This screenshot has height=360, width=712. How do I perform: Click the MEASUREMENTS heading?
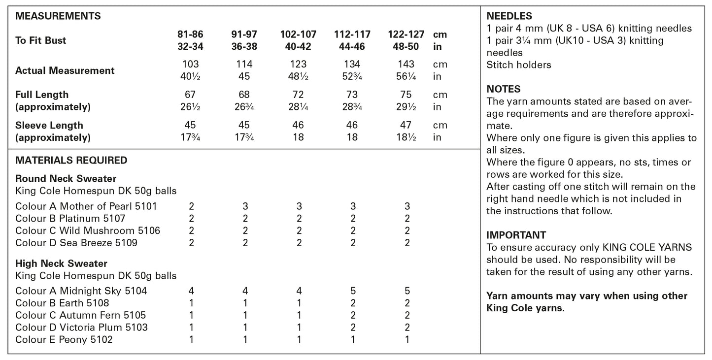[x=58, y=16]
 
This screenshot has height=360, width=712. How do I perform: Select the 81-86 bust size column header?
[x=190, y=34]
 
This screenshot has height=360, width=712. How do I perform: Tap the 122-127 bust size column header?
[x=407, y=34]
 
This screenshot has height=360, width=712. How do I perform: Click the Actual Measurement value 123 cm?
[x=298, y=64]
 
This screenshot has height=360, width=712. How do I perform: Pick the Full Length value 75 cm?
[x=407, y=95]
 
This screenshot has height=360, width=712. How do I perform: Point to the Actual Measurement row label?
[x=65, y=70]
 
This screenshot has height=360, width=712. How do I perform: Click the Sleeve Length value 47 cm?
[x=407, y=125]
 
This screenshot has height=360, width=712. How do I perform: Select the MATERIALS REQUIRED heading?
[x=71, y=160]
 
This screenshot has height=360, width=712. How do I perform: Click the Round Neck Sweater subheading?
[x=66, y=178]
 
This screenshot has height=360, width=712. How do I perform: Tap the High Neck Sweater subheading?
[x=62, y=263]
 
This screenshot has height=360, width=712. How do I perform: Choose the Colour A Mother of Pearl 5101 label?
[x=86, y=206]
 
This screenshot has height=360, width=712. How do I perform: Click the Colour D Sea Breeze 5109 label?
[x=76, y=242]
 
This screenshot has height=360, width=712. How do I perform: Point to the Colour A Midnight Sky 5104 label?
[x=81, y=291]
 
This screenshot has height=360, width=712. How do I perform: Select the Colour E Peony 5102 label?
[x=64, y=339]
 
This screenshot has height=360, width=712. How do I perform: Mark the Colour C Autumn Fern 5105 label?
[x=81, y=315]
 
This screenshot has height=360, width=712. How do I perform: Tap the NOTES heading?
[x=504, y=89]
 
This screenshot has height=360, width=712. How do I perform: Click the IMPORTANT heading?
[x=516, y=235]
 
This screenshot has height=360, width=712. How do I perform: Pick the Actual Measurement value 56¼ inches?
[x=407, y=76]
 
